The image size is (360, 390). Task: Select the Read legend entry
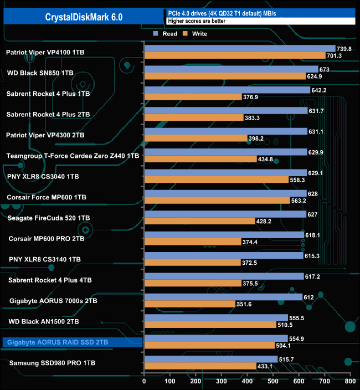point(166,34)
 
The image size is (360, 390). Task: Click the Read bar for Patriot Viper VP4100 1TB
point(239,49)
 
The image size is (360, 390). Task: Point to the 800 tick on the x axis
point(349,382)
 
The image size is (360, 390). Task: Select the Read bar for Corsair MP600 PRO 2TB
point(224,235)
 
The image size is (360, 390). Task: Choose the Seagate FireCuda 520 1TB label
point(47,218)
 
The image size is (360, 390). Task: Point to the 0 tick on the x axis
point(144,382)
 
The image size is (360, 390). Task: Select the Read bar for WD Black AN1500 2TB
point(215,318)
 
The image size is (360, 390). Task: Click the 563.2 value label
point(301,201)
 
